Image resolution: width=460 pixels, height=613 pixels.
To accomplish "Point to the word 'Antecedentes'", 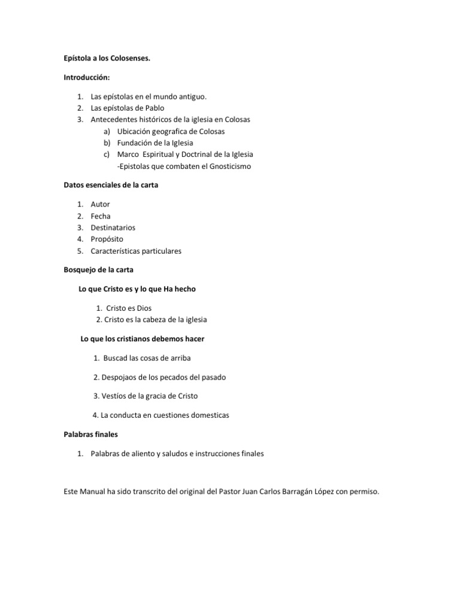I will coord(114,119).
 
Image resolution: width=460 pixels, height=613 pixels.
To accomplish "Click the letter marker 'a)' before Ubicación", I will coord(107,131).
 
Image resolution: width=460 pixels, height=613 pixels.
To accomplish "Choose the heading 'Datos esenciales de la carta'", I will coord(111,185).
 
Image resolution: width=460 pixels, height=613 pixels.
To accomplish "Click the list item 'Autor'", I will coord(100,204).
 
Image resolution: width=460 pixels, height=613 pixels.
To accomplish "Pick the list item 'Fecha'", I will coord(101,216).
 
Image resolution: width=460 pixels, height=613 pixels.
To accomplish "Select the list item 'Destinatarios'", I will coord(113,227).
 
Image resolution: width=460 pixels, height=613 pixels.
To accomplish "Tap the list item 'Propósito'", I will coord(107,239).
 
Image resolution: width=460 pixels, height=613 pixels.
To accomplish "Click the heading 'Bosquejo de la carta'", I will coord(98,270).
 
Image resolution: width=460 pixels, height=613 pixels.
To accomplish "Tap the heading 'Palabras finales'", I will coord(91,434).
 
